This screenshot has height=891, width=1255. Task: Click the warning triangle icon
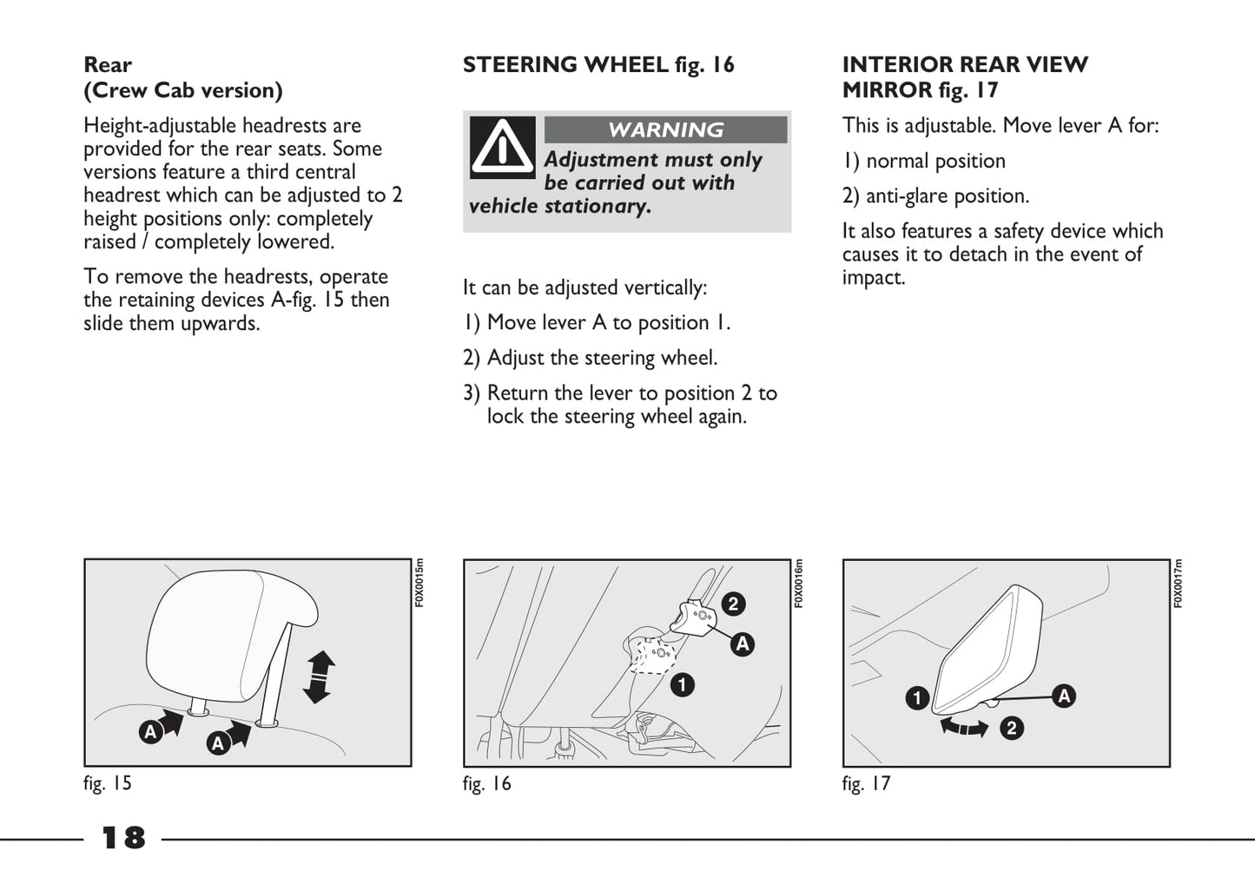pyautogui.click(x=502, y=148)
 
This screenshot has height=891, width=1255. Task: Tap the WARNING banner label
pyautogui.click(x=665, y=130)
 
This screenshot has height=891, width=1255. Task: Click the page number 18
pyautogui.click(x=123, y=838)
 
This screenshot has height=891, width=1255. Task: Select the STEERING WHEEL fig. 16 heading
pyautogui.click(x=598, y=65)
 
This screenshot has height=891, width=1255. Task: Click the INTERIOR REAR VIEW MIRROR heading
pyautogui.click(x=964, y=77)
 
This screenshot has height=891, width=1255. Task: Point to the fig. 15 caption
pyautogui.click(x=108, y=783)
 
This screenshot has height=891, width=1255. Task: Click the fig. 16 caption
pyautogui.click(x=487, y=783)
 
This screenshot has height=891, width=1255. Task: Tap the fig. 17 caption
pyautogui.click(x=866, y=783)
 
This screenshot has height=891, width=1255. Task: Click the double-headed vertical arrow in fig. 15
pyautogui.click(x=318, y=676)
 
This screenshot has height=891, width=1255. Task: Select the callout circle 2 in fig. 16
pyautogui.click(x=733, y=604)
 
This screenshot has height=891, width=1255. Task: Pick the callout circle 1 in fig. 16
pyautogui.click(x=682, y=685)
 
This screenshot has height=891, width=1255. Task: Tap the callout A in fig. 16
pyautogui.click(x=742, y=644)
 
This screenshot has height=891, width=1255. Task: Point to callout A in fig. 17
pyautogui.click(x=1064, y=696)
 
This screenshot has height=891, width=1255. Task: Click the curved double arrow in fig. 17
pyautogui.click(x=964, y=727)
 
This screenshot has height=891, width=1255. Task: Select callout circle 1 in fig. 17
pyautogui.click(x=917, y=698)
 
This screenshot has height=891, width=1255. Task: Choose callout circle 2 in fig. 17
pyautogui.click(x=1011, y=728)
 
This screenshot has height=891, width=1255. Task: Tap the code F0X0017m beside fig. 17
pyautogui.click(x=1178, y=584)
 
